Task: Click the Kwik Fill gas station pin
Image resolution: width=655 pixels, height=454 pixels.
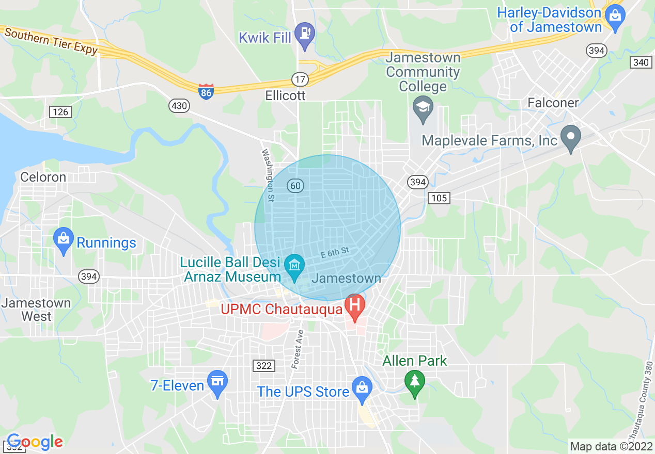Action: [x=304, y=34]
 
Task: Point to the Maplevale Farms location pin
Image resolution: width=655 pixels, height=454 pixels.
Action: [x=571, y=137]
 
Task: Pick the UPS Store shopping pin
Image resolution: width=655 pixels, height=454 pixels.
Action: [x=362, y=389]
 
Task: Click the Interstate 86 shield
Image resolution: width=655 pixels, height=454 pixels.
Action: [x=206, y=91]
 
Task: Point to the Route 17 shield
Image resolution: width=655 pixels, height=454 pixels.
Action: [x=300, y=79]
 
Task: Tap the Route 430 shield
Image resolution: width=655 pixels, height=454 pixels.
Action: [x=179, y=106]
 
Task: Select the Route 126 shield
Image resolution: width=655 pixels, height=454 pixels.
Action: [x=59, y=111]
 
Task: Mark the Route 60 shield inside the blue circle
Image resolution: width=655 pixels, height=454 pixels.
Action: [x=295, y=186]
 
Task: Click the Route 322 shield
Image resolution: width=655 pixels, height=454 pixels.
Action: [x=264, y=366]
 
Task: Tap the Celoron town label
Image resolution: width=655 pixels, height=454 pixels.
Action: [x=43, y=177]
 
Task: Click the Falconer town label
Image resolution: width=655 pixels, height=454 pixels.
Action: [x=553, y=103]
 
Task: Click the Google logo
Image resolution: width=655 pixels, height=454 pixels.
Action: [x=35, y=442]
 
